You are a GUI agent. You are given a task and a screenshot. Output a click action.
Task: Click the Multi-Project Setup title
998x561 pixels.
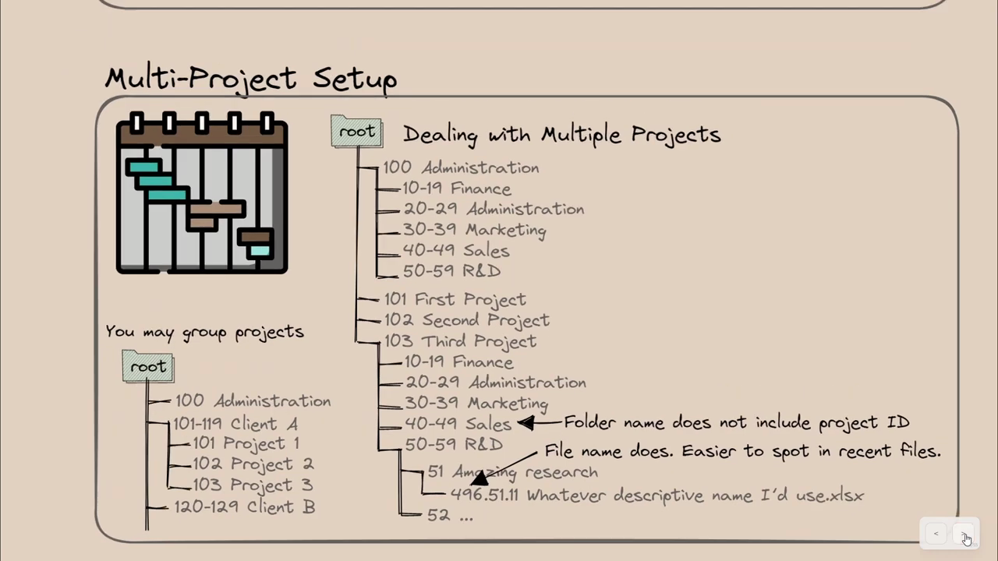click(251, 79)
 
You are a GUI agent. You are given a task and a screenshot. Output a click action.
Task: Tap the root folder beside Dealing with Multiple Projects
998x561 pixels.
click(356, 131)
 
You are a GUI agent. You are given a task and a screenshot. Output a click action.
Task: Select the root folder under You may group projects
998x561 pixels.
click(148, 366)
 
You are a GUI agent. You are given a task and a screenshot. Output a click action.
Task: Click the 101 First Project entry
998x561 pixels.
click(455, 300)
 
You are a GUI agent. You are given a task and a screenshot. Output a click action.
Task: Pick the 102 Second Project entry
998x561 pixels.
click(466, 320)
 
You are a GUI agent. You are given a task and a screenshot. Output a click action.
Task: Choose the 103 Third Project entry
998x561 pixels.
click(460, 341)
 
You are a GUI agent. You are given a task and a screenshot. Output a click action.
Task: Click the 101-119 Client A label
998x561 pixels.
click(235, 424)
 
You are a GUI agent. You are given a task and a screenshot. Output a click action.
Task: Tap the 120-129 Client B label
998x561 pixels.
click(245, 506)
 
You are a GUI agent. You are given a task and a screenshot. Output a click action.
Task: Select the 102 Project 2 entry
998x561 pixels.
click(253, 464)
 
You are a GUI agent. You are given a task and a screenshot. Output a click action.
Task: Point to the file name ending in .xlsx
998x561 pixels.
click(657, 496)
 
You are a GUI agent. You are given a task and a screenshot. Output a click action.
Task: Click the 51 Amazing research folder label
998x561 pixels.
click(512, 472)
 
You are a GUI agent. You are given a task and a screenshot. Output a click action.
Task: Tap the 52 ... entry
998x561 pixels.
click(450, 515)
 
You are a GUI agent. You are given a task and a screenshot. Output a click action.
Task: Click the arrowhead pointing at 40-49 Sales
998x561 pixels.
click(526, 422)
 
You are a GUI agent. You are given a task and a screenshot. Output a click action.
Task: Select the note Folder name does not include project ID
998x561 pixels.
click(737, 422)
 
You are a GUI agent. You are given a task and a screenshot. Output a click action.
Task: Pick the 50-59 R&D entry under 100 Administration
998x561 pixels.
click(451, 270)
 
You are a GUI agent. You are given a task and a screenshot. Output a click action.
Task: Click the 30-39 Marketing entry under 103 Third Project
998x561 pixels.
click(476, 404)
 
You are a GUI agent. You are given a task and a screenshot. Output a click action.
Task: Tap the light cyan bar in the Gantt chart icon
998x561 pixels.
click(260, 251)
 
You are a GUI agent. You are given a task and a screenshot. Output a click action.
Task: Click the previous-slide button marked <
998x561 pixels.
click(936, 534)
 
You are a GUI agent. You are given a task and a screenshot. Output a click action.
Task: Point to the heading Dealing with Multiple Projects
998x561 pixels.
click(562, 134)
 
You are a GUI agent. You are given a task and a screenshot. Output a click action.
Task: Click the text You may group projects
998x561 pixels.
click(204, 332)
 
